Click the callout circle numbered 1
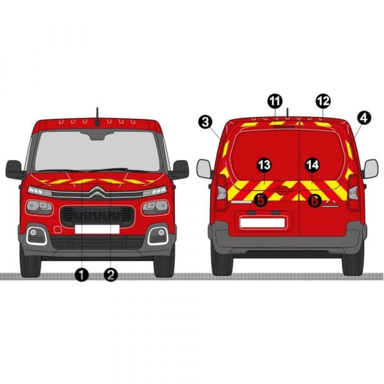(x=82, y=275)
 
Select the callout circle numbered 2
(x=111, y=275)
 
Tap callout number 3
(x=205, y=122)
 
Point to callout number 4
(x=364, y=118)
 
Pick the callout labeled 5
(x=261, y=200)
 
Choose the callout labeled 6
(x=314, y=200)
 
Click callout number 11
(x=275, y=101)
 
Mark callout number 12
(x=323, y=101)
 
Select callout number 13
(x=264, y=165)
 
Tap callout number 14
(x=312, y=165)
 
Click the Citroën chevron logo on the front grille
(x=97, y=192)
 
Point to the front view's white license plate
(x=97, y=229)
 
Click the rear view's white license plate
(x=262, y=223)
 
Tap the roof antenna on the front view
(x=97, y=117)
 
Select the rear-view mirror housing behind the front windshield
(x=97, y=136)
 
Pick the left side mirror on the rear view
(x=204, y=169)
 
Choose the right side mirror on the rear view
(x=371, y=169)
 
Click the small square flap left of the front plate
(x=58, y=230)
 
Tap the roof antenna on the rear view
(x=287, y=113)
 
